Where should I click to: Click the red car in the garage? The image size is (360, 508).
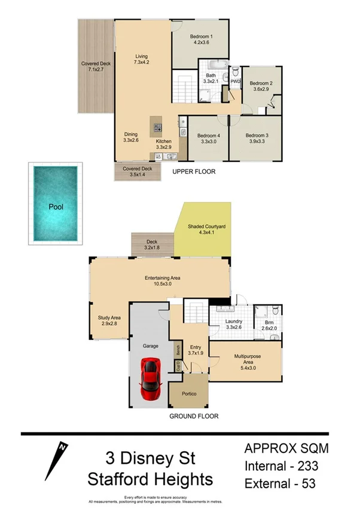point(151,380)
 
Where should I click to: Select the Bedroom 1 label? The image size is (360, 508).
point(201,39)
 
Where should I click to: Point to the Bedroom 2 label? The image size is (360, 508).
point(261,86)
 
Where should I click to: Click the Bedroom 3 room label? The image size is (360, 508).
point(257,139)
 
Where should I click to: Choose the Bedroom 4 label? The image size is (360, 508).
point(208,139)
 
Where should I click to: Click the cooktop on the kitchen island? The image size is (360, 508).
point(158,127)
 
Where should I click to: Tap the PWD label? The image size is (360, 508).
point(235,81)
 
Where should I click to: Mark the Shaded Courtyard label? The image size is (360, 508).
point(206,230)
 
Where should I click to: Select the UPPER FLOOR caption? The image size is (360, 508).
point(193,172)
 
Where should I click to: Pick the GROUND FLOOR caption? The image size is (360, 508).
point(194,416)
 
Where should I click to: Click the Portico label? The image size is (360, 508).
point(189,394)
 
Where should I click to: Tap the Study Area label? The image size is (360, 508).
point(110,322)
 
